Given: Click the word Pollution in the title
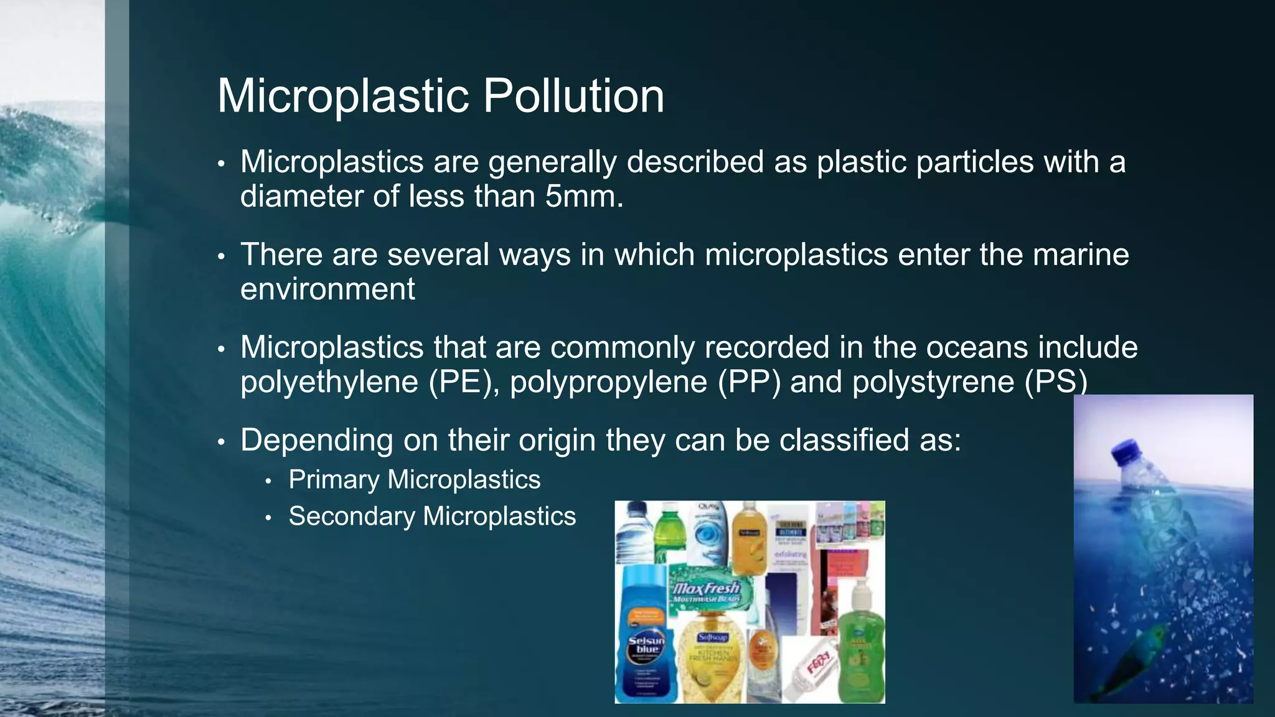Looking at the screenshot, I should point(573,96).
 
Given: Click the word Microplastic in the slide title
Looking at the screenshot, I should point(343,96).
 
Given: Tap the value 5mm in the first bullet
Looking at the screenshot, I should point(584,197).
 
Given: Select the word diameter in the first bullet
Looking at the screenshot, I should point(301,197).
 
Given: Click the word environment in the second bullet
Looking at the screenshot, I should point(327,289).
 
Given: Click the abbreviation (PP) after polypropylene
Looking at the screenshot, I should point(749,382).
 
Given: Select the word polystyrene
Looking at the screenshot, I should point(933,382).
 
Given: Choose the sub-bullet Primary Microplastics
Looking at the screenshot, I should point(415,480).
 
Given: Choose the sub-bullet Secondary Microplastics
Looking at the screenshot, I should point(432,517).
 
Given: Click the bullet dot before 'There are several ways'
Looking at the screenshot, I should point(220,256).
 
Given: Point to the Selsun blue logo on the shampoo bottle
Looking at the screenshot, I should point(646,645).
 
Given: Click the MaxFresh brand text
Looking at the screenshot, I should point(707,588).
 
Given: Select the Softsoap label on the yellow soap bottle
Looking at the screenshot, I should point(712,637).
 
